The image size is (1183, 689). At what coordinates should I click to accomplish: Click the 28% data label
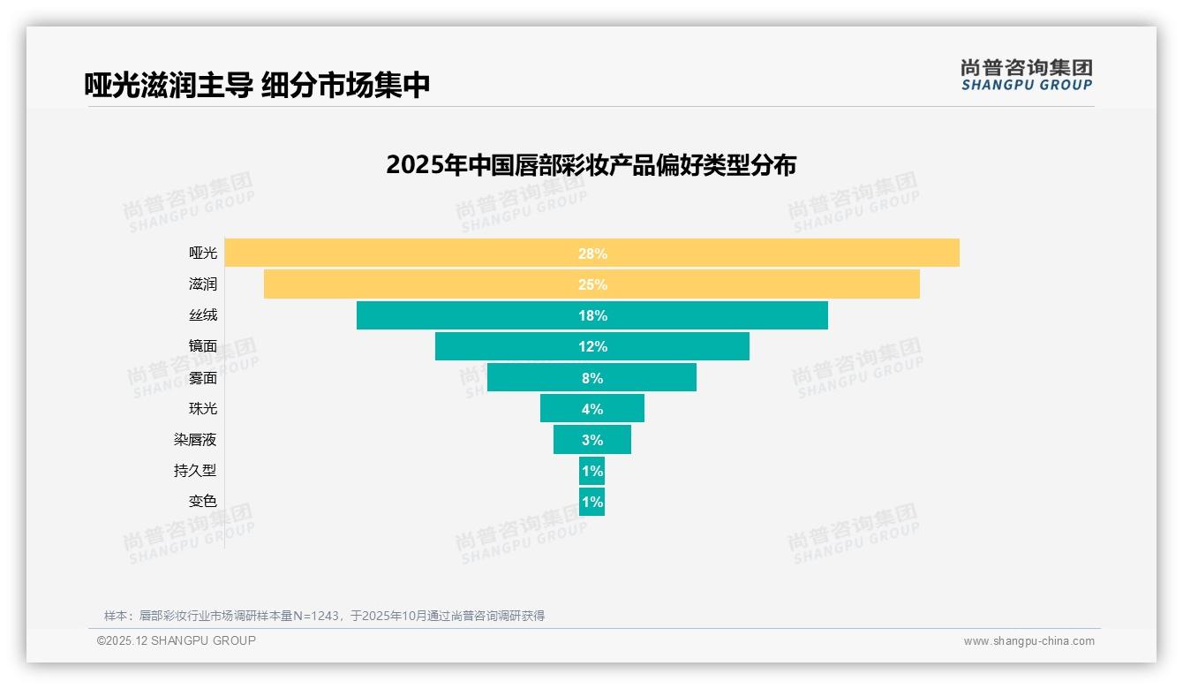592,254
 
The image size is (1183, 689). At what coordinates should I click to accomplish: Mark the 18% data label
592,315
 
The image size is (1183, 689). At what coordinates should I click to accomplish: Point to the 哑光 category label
202,254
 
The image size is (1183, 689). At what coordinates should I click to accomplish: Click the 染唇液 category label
195,440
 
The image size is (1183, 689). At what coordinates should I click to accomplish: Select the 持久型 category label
195,471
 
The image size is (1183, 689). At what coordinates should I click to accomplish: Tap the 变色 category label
202,502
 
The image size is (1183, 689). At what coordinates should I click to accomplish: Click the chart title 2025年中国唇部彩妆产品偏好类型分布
591,165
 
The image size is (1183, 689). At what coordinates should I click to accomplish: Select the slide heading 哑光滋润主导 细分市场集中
257,85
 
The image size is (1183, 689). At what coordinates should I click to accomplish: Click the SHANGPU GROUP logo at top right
1026,75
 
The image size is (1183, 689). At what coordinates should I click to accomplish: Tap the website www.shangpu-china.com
1029,641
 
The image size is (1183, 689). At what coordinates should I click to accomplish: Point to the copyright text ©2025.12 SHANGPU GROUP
177,641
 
